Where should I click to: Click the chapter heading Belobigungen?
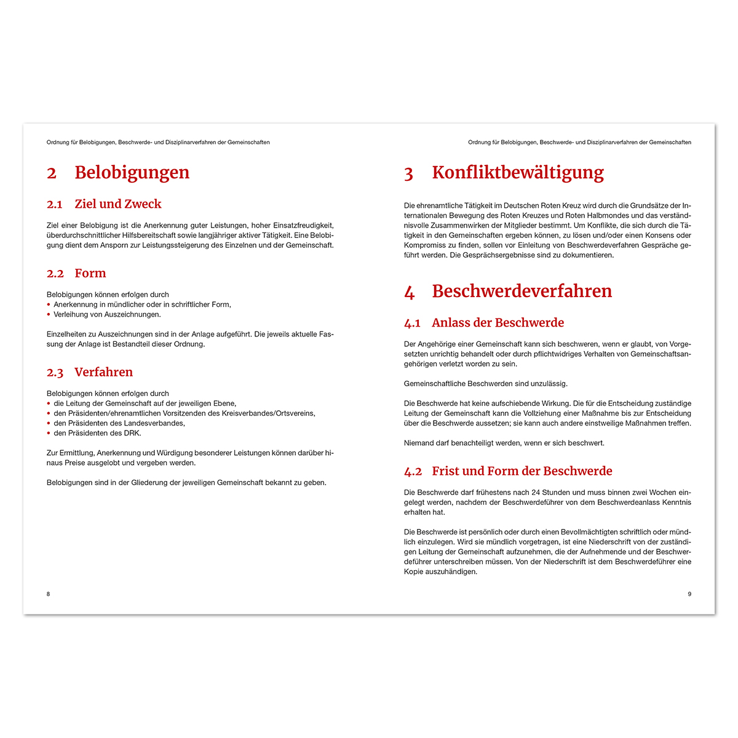point(132,173)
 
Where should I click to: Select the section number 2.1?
point(55,205)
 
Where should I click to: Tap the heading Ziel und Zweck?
point(117,204)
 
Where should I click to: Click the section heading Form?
point(90,274)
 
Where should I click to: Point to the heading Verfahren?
point(103,372)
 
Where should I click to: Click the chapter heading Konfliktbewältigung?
point(518,173)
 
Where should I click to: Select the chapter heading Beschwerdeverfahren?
point(522,292)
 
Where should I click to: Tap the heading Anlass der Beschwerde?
point(498,323)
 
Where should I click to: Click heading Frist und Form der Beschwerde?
point(522,471)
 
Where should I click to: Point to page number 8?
point(49,594)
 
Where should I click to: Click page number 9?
point(689,594)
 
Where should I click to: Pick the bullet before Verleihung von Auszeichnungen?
point(49,314)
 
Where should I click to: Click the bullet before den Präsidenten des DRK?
point(49,433)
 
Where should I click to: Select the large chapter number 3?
point(408,174)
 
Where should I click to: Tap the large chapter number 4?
point(409,293)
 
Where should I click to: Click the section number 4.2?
point(413,472)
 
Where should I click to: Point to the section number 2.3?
point(55,373)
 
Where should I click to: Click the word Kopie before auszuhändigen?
point(414,571)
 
